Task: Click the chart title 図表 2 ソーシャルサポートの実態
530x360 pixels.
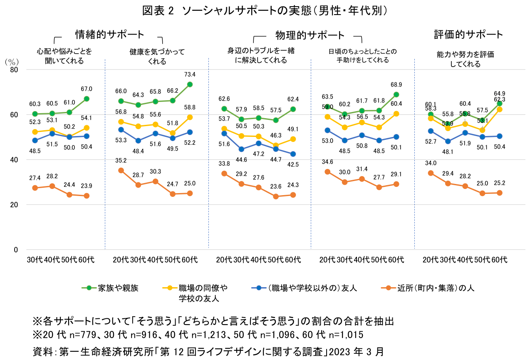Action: pyautogui.click(x=227, y=11)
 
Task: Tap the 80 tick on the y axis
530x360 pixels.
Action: pyautogui.click(x=14, y=70)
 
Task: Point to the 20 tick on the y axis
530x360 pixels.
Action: pyautogui.click(x=14, y=205)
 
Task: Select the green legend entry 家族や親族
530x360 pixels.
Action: pyautogui.click(x=110, y=288)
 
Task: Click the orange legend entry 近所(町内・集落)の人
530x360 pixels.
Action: pyautogui.click(x=428, y=288)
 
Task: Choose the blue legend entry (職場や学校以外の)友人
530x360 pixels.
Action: pyautogui.click(x=304, y=288)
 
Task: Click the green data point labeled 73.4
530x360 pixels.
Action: pyautogui.click(x=190, y=84)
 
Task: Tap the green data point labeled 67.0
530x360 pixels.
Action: pyautogui.click(x=87, y=99)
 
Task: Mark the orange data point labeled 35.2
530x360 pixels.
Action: pyautogui.click(x=121, y=170)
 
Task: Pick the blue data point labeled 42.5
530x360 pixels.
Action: pyautogui.click(x=293, y=154)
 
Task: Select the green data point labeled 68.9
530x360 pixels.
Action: pyautogui.click(x=396, y=94)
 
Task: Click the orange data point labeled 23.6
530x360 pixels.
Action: pyautogui.click(x=276, y=196)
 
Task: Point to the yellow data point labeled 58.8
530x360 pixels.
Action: pyautogui.click(x=190, y=117)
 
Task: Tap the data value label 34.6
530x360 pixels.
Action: pyautogui.click(x=327, y=162)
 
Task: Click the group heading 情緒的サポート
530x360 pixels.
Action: pyautogui.click(x=109, y=35)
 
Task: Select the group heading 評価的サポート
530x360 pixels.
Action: pyautogui.click(x=468, y=35)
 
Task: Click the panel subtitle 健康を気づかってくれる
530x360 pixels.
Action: pyautogui.click(x=157, y=57)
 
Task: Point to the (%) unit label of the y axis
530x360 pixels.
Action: pyautogui.click(x=12, y=62)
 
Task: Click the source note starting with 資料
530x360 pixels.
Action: pyautogui.click(x=208, y=352)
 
